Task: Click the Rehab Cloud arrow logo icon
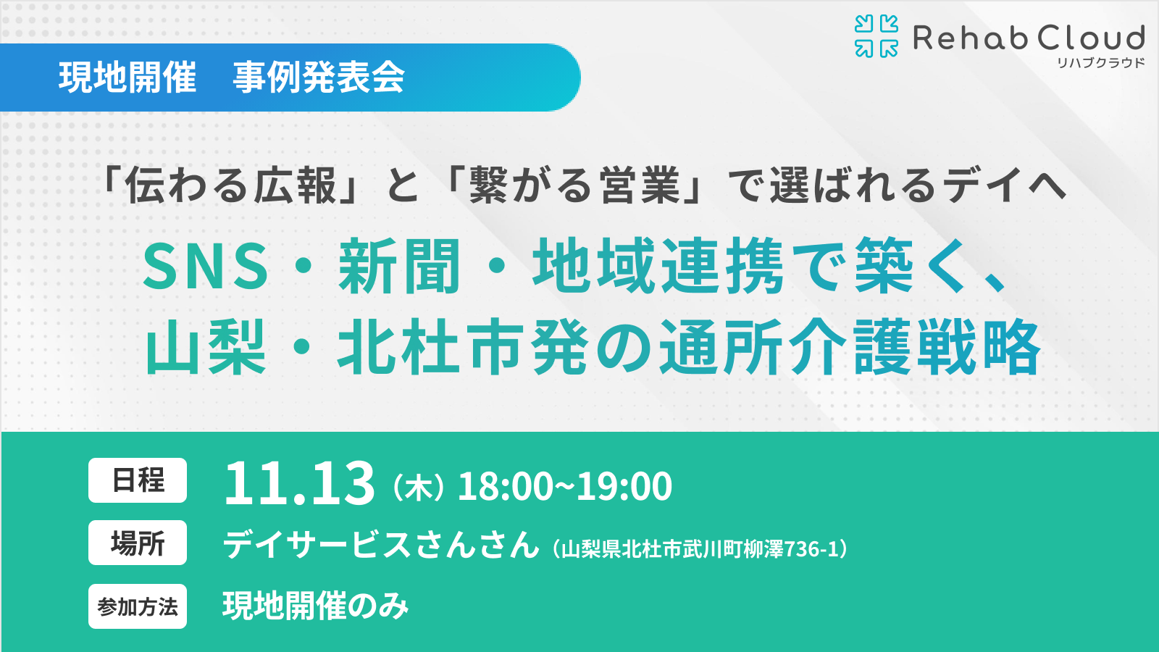pos(876,35)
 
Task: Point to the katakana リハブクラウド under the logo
pos(1100,63)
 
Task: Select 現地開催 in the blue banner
pos(127,78)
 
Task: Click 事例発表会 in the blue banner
pos(319,78)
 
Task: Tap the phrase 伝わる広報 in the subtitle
pos(231,185)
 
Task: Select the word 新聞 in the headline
pos(399,266)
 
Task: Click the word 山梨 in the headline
pos(206,346)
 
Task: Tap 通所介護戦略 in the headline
pos(850,346)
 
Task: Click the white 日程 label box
pos(138,480)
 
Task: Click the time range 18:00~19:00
pos(565,486)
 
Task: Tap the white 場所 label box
pos(138,543)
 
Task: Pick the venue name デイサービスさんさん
pos(381,544)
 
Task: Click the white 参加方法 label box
pos(138,606)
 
